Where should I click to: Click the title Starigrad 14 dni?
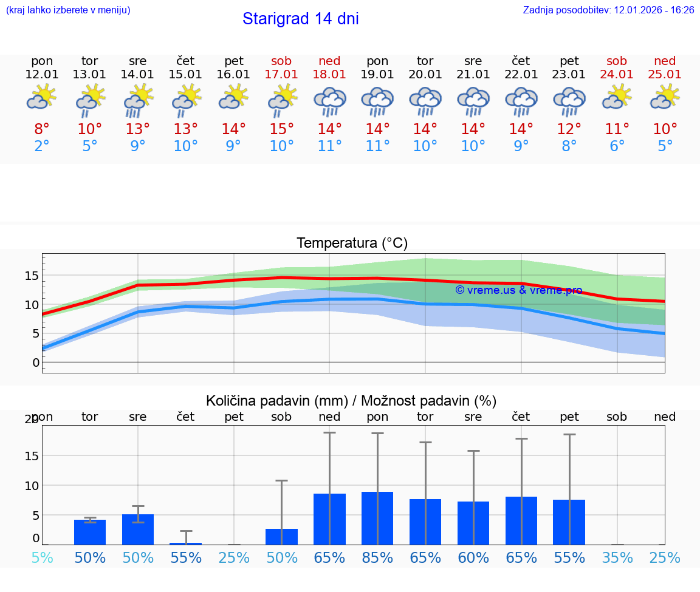pyautogui.click(x=300, y=19)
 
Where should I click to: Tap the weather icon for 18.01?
pyautogui.click(x=329, y=101)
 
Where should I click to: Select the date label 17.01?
pyautogui.click(x=281, y=74)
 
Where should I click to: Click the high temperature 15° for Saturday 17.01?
pyautogui.click(x=281, y=129)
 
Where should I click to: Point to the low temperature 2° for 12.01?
pyautogui.click(x=42, y=146)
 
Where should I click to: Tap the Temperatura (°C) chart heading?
pyautogui.click(x=352, y=243)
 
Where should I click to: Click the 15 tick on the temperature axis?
pyautogui.click(x=32, y=276)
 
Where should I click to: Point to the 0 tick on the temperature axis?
pyautogui.click(x=36, y=362)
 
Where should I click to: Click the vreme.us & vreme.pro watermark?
pyautogui.click(x=518, y=290)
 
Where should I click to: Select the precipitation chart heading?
pyautogui.click(x=351, y=401)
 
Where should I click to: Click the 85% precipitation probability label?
pyautogui.click(x=377, y=558)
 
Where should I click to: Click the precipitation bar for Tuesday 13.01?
pyautogui.click(x=90, y=532)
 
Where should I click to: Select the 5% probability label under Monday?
pyautogui.click(x=42, y=558)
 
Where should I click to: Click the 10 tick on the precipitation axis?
pyautogui.click(x=32, y=485)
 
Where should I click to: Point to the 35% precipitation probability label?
pyautogui.click(x=617, y=558)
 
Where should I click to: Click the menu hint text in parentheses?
pyautogui.click(x=68, y=10)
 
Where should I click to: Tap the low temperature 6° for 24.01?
pyautogui.click(x=617, y=146)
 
